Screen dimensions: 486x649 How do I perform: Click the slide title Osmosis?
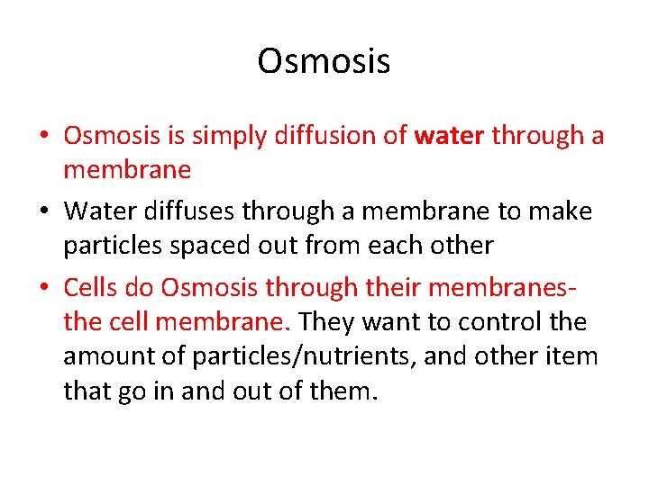click(x=324, y=61)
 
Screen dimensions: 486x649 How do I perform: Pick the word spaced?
click(x=217, y=245)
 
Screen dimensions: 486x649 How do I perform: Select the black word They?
click(x=327, y=321)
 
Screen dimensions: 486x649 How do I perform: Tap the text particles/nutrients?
click(x=294, y=356)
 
